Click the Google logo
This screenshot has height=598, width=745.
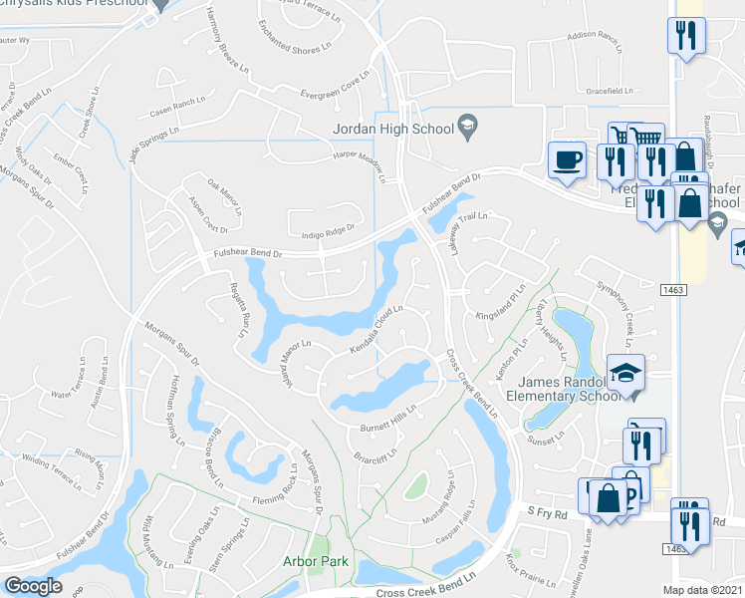click(x=33, y=585)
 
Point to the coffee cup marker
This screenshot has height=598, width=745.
click(x=568, y=160)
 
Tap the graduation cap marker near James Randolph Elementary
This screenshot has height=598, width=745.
click(x=624, y=374)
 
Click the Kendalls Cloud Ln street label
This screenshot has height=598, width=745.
click(x=375, y=328)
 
